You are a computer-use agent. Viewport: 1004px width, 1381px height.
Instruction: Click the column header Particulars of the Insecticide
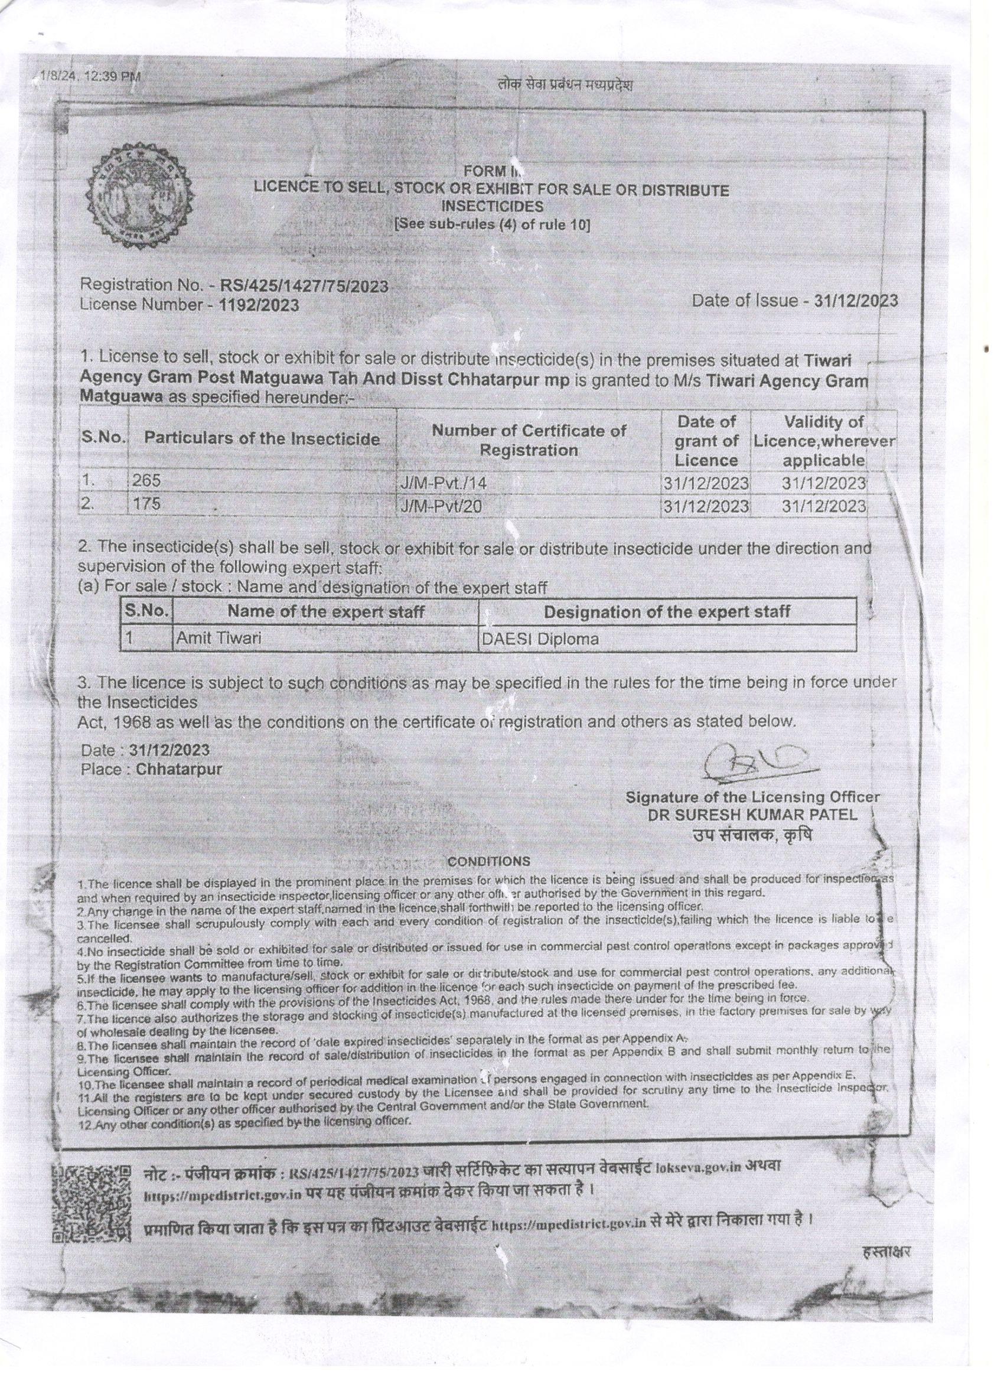point(262,439)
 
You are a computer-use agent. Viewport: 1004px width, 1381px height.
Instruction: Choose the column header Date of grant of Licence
point(706,439)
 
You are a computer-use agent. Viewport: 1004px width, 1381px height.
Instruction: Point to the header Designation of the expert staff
point(667,611)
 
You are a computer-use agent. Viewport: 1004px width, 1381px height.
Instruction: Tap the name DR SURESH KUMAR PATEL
point(752,815)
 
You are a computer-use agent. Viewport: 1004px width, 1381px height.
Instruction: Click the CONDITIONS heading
point(488,862)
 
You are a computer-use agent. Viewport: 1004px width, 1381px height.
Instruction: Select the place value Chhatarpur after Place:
point(179,769)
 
